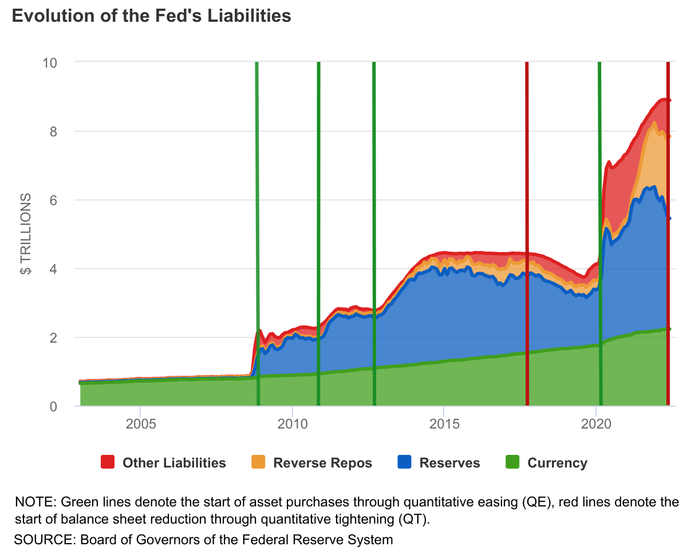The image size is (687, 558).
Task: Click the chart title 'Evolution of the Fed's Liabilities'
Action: [x=151, y=16]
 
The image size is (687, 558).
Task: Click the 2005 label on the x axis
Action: [x=140, y=426]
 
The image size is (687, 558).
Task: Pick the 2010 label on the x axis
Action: [x=292, y=426]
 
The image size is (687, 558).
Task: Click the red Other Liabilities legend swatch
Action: [x=108, y=462]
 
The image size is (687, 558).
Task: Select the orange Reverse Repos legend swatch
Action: [x=259, y=462]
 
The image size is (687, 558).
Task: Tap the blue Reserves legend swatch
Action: [x=404, y=462]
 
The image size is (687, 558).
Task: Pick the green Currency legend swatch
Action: [x=512, y=462]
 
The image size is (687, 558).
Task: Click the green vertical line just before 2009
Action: [x=257, y=229]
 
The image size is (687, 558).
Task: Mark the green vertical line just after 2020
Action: [x=599, y=229]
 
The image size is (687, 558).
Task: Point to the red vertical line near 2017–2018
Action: [x=527, y=229]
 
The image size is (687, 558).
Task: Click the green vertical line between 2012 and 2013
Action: [x=374, y=229]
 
